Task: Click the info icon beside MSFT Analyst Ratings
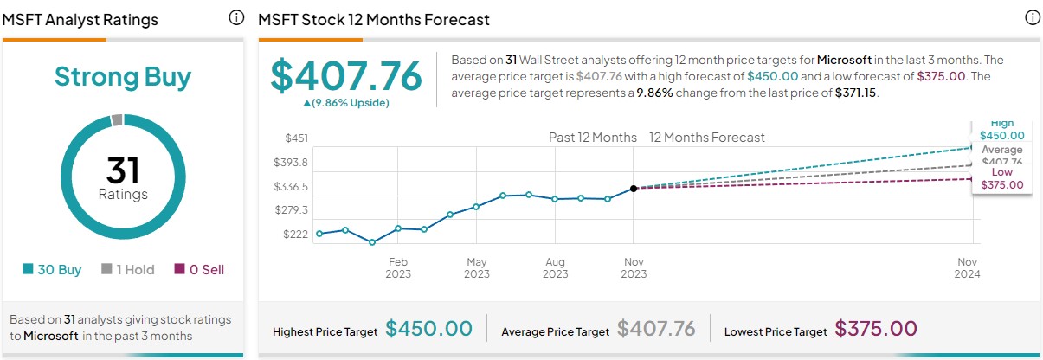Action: pyautogui.click(x=236, y=18)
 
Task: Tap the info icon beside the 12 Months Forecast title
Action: pyautogui.click(x=1032, y=18)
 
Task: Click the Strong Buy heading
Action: pyautogui.click(x=123, y=77)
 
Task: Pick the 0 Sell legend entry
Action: pyautogui.click(x=199, y=269)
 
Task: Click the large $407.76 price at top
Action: pyautogui.click(x=346, y=75)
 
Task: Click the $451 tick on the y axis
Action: pyautogui.click(x=296, y=138)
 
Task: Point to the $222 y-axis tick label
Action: pyautogui.click(x=296, y=234)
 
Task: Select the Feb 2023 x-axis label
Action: pyautogui.click(x=397, y=268)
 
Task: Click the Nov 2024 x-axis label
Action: pyautogui.click(x=967, y=268)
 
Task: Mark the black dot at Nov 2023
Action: pyautogui.click(x=634, y=188)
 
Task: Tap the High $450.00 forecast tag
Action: pyautogui.click(x=1001, y=129)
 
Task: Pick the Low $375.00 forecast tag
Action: pyautogui.click(x=1001, y=178)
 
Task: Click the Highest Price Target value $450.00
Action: pyautogui.click(x=429, y=329)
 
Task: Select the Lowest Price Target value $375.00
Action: pyautogui.click(x=875, y=329)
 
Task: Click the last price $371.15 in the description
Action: pyautogui.click(x=856, y=93)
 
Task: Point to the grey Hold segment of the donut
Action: pyautogui.click(x=117, y=120)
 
